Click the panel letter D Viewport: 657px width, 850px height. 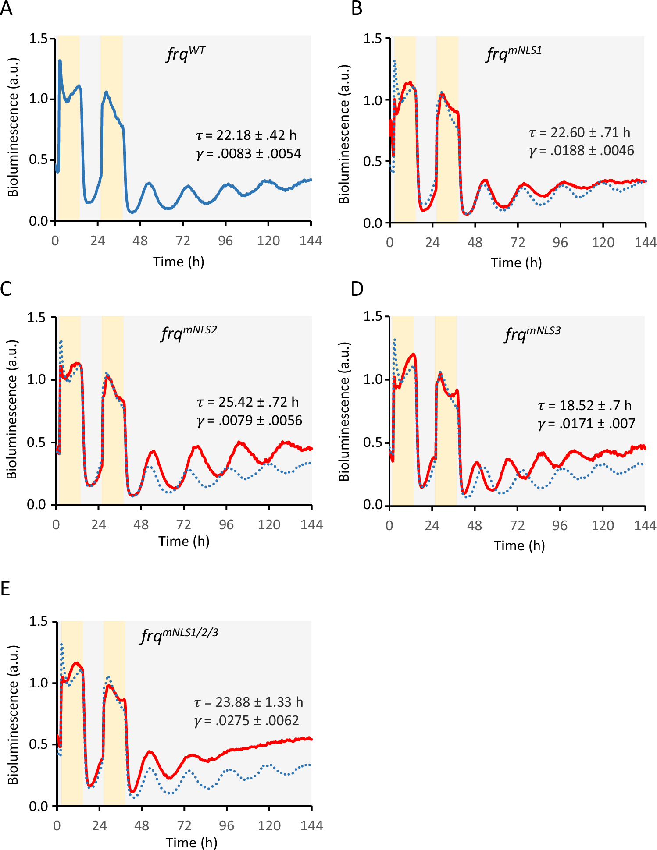(x=357, y=289)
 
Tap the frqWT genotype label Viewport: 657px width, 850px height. (x=186, y=54)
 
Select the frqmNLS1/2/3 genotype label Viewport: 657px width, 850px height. (x=179, y=635)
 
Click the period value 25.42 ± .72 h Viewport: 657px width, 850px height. (x=248, y=402)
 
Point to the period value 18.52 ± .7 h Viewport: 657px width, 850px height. (x=585, y=405)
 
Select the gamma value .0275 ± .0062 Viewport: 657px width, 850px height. (x=246, y=720)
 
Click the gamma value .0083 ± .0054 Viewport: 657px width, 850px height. (x=248, y=154)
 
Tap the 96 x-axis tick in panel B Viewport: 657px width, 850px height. (x=560, y=243)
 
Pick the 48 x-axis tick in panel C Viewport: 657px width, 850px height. (x=141, y=524)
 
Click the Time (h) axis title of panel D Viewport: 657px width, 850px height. (x=519, y=545)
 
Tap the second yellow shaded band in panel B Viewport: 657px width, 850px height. (x=447, y=131)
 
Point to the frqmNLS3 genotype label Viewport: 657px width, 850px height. (x=532, y=334)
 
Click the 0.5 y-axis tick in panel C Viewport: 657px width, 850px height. (x=36, y=442)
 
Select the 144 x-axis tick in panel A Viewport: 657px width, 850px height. (x=311, y=241)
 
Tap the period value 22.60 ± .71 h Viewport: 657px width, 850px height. (x=579, y=132)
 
